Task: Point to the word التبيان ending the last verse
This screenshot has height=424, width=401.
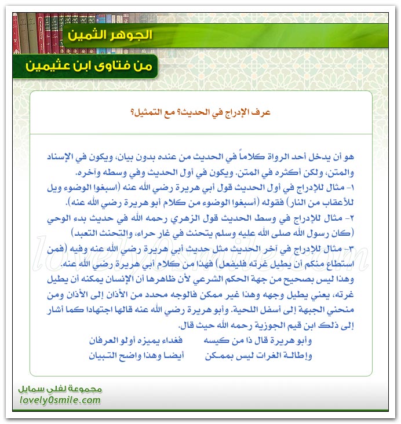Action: [106, 356]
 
